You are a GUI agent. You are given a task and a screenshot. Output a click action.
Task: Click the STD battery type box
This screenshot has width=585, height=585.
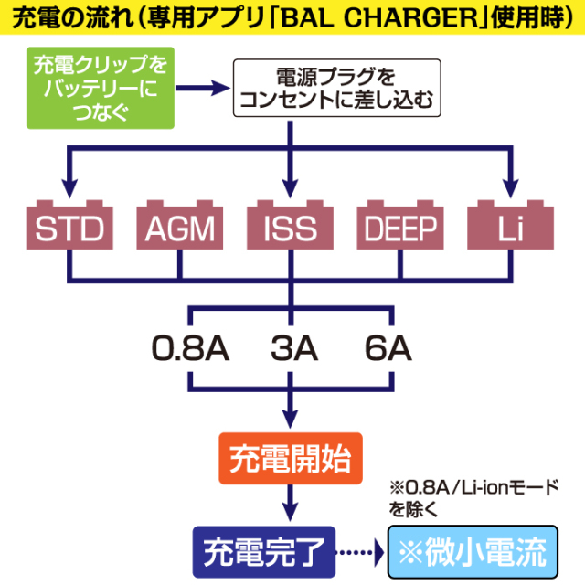click(69, 226)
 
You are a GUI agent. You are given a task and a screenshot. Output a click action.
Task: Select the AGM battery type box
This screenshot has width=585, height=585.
click(180, 226)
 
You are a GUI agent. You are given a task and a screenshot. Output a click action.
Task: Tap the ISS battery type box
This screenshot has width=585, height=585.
click(292, 226)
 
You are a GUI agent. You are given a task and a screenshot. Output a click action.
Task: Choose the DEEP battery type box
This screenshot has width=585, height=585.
click(402, 226)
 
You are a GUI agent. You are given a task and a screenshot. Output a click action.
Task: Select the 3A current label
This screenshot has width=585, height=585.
click(292, 349)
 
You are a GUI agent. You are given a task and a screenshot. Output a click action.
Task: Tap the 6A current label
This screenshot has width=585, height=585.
click(388, 349)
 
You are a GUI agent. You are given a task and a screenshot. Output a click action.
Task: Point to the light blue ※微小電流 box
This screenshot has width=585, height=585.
click(473, 551)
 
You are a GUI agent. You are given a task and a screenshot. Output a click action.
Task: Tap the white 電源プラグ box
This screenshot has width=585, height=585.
click(338, 89)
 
